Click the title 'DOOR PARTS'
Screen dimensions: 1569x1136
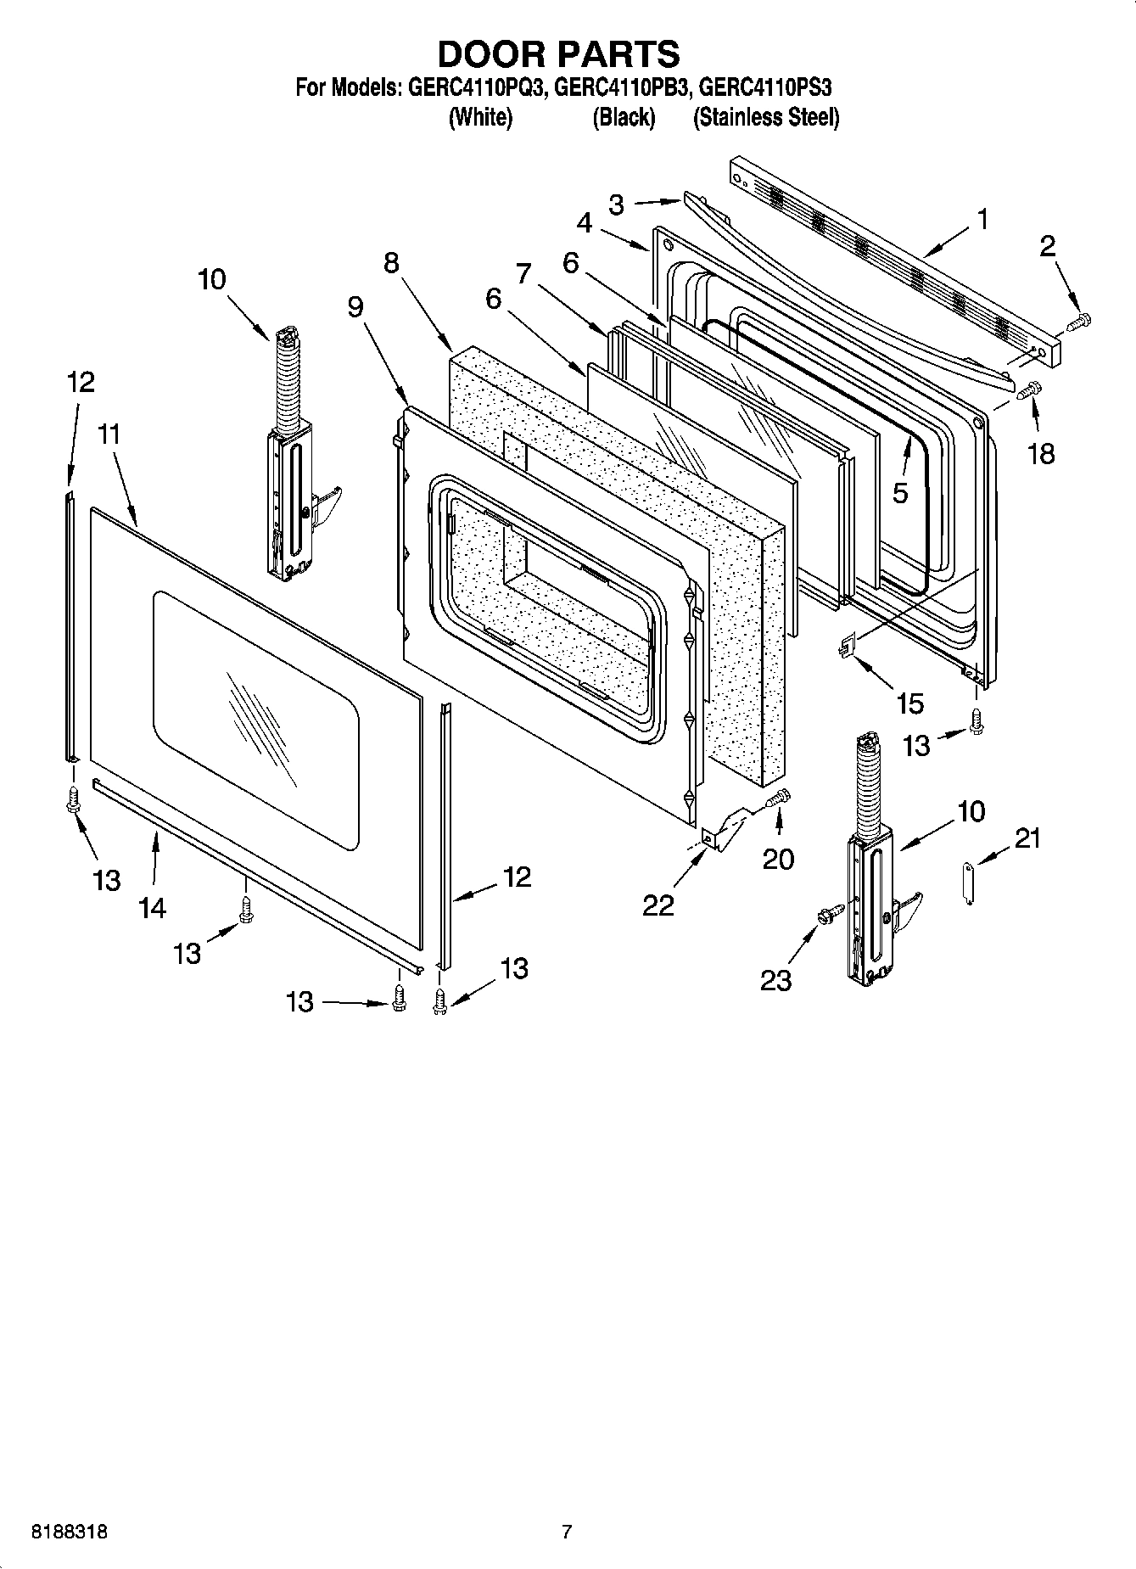[558, 54]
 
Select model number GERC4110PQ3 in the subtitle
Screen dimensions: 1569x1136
[475, 88]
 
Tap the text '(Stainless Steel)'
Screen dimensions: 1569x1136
[765, 117]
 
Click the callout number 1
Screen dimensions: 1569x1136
[982, 221]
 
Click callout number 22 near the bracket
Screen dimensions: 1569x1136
[658, 905]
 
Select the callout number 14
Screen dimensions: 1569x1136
[152, 908]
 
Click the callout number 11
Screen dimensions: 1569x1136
[109, 434]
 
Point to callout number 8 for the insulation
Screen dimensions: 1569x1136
[391, 262]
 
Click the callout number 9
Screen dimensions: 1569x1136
[355, 306]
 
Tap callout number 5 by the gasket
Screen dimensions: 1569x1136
[900, 492]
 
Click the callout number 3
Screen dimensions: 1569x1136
[617, 204]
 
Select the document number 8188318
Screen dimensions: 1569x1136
[69, 1532]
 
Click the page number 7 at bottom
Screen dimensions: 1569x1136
[567, 1532]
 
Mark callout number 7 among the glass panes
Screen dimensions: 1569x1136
[523, 273]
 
